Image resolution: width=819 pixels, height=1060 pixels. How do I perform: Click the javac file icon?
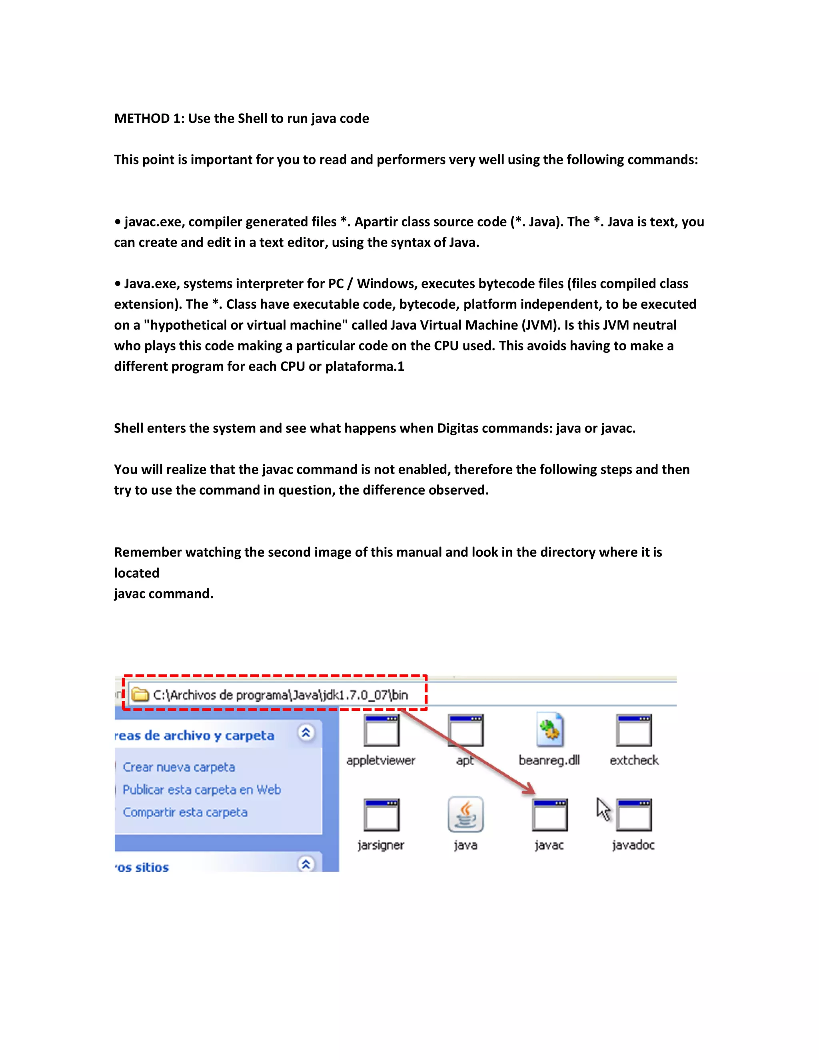point(549,815)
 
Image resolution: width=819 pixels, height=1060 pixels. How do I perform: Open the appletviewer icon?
point(382,730)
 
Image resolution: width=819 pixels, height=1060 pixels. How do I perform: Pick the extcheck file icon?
point(634,730)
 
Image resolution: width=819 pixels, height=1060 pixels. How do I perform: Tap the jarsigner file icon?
point(382,815)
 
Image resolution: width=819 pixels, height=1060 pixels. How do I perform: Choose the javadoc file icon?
point(634,815)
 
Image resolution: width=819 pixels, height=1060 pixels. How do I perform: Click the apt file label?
point(465,760)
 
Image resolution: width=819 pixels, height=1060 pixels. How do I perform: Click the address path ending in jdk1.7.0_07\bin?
point(280,695)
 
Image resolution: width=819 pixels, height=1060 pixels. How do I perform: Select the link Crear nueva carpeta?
point(179,767)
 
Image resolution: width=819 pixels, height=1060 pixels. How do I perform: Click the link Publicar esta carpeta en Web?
point(202,790)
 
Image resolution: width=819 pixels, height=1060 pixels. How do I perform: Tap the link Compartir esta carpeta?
point(185,812)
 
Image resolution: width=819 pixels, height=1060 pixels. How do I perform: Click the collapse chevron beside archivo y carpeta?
point(306,732)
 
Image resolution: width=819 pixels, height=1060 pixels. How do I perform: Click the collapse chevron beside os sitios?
point(306,864)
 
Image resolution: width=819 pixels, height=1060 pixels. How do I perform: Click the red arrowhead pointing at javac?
point(530,789)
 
